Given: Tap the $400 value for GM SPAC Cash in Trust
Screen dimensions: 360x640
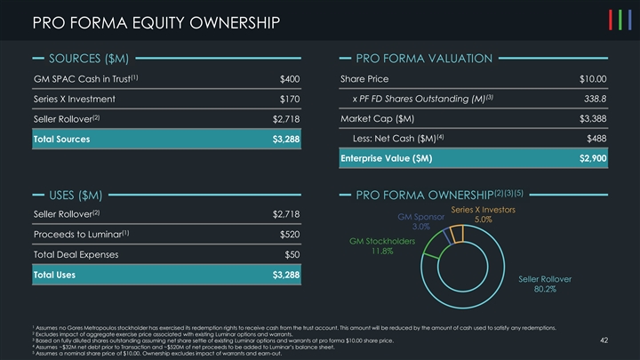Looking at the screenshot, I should click(x=290, y=79).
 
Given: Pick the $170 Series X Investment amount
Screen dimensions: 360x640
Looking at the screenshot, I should click(x=290, y=99).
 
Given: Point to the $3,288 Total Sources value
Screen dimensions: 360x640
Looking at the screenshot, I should click(x=285, y=139).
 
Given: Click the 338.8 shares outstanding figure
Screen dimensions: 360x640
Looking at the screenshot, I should click(x=593, y=99).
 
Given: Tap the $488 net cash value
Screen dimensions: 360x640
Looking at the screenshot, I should click(x=596, y=138).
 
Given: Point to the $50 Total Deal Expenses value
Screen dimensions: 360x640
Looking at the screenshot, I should click(x=292, y=255).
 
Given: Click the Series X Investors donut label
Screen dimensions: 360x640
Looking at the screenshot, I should click(x=484, y=210).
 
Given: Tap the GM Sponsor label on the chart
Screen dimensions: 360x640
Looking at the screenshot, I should click(x=420, y=217).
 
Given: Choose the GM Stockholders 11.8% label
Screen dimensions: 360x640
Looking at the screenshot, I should click(x=382, y=241).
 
